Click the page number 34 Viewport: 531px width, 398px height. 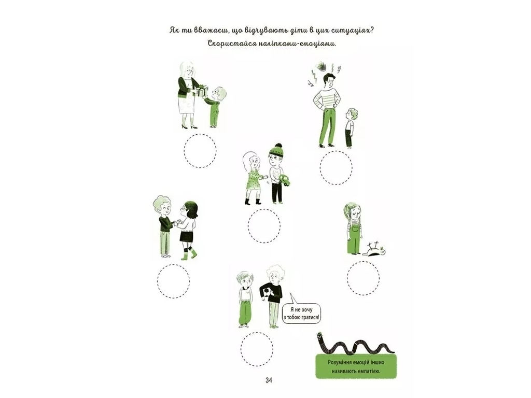(269, 380)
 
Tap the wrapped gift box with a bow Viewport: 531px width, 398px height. (201, 90)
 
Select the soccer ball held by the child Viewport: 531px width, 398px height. (265, 293)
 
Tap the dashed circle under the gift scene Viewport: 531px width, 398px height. (200, 151)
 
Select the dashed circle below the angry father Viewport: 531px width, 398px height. (336, 167)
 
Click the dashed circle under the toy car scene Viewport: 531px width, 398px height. (264, 226)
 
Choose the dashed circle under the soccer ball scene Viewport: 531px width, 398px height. (257, 349)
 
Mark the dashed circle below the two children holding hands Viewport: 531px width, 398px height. (173, 281)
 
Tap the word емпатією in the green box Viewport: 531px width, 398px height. (369, 371)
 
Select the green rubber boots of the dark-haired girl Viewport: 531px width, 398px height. (189, 254)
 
